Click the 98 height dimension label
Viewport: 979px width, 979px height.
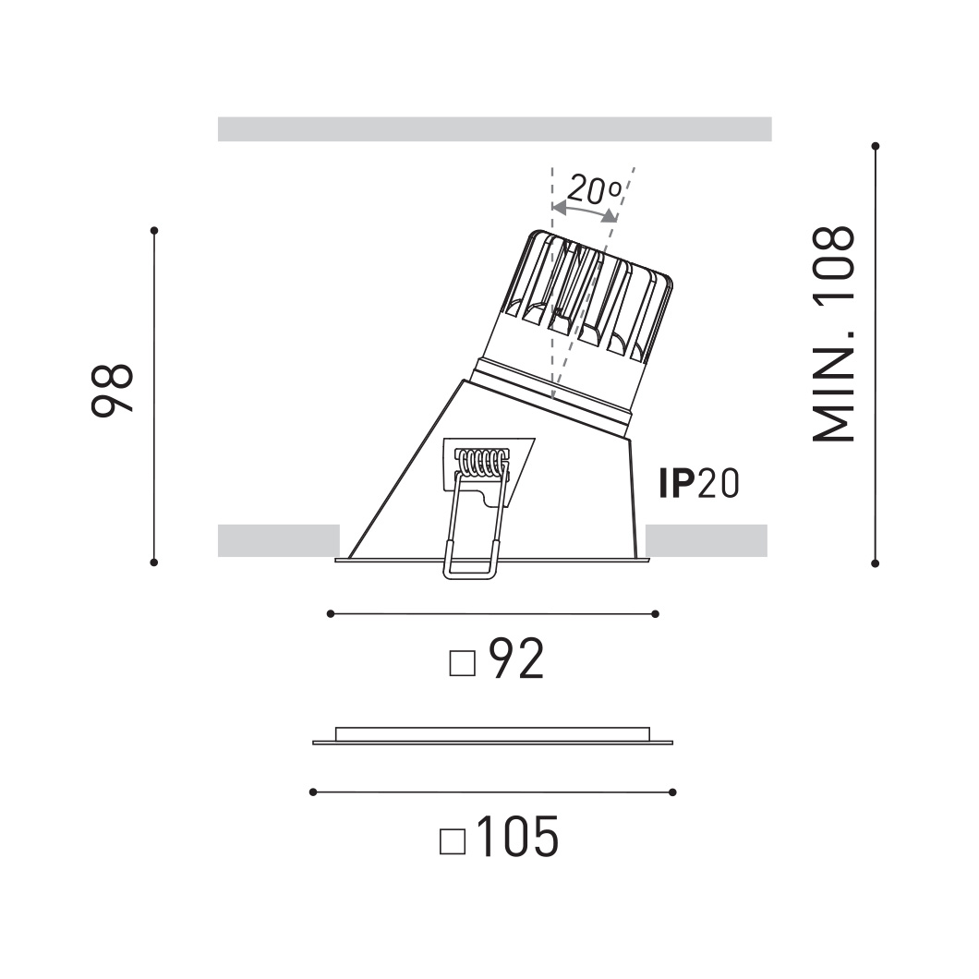coord(113,391)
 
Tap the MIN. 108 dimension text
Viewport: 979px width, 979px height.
coord(833,334)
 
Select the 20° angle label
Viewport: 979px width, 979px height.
coord(595,190)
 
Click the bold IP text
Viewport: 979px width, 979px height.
coord(677,483)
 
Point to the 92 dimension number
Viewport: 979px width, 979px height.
coord(516,659)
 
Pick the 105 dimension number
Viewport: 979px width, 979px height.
coord(517,837)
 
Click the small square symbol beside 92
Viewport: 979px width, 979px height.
coord(463,663)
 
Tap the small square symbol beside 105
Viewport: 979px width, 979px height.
coord(453,841)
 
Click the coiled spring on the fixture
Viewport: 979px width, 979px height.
coord(481,463)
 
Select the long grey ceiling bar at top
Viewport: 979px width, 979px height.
coord(494,128)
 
